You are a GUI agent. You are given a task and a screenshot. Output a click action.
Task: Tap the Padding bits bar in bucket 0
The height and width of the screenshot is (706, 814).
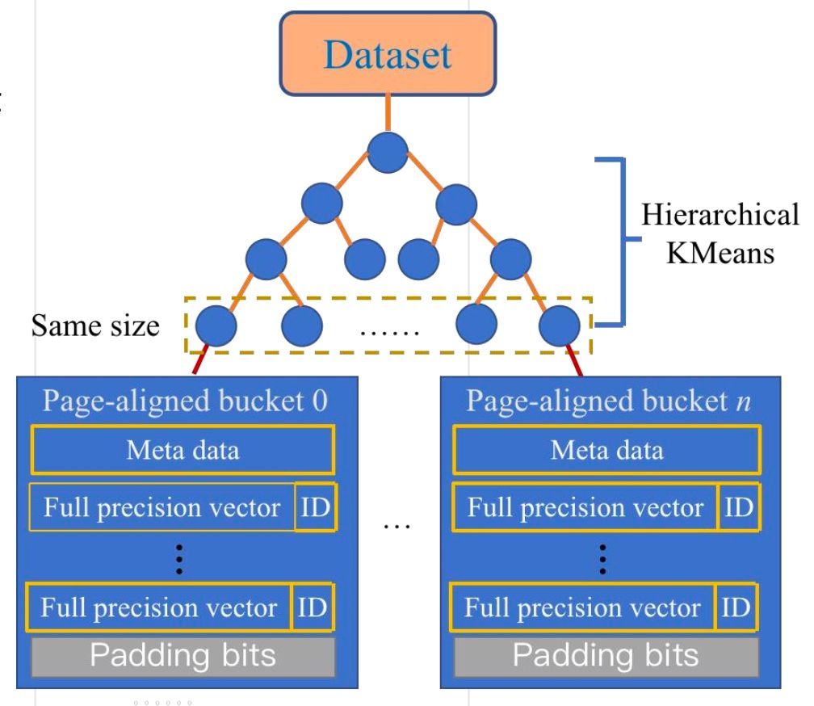point(182,655)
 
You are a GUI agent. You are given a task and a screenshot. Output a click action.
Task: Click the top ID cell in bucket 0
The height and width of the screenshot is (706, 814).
point(314,508)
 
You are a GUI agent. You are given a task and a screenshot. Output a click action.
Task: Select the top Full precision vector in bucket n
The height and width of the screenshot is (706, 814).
point(585,508)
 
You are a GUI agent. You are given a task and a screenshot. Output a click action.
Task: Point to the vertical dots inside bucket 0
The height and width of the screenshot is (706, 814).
point(179,557)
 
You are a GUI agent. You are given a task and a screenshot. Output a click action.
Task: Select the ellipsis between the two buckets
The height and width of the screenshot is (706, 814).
point(397,527)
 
